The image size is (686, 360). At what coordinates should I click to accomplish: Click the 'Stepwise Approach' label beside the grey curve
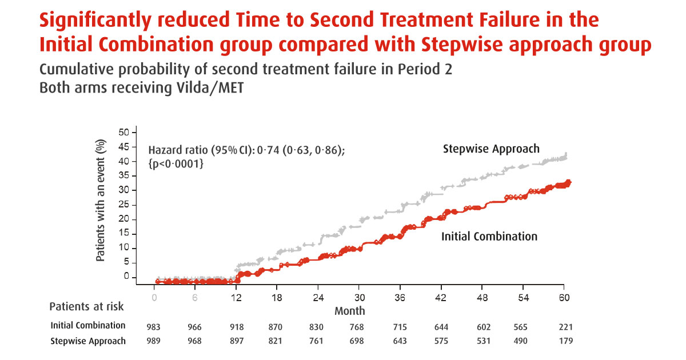[x=491, y=149]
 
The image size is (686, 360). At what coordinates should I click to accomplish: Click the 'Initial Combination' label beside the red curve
[x=489, y=236]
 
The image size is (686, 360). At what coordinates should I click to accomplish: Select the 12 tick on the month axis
[x=236, y=298]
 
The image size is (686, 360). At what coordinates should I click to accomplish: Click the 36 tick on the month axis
[x=400, y=298]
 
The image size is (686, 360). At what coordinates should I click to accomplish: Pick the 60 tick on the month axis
[x=564, y=298]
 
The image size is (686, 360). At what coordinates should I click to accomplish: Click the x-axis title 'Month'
[x=349, y=311]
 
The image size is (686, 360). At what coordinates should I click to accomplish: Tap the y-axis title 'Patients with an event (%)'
[x=101, y=201]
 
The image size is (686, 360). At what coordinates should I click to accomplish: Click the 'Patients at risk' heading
[x=86, y=306]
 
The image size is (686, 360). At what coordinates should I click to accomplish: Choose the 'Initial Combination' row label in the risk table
[x=87, y=326]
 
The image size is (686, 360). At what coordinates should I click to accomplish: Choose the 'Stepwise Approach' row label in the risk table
[x=87, y=341]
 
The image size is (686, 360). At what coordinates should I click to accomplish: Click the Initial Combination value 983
[x=154, y=327]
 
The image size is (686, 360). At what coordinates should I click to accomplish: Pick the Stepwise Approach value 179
[x=564, y=342]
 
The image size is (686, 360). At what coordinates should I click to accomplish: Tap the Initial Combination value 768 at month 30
[x=359, y=327]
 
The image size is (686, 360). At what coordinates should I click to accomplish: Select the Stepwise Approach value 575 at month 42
[x=441, y=342]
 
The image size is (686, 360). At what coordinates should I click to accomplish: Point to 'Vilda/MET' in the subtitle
[x=216, y=89]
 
